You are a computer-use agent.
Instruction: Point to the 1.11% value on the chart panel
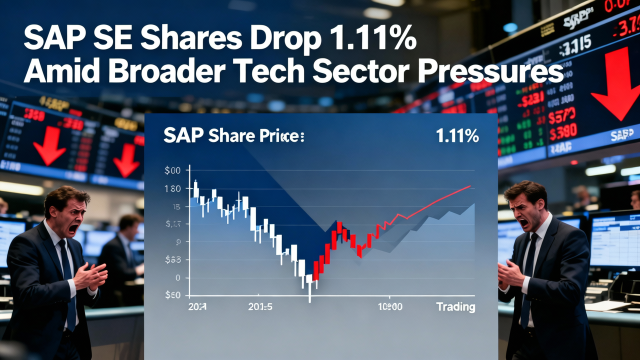pyautogui.click(x=457, y=136)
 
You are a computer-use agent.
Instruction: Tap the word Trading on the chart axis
pyautogui.click(x=455, y=306)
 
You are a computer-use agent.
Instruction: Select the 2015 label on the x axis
pyautogui.click(x=260, y=306)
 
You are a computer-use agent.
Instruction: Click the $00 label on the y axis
pyautogui.click(x=172, y=170)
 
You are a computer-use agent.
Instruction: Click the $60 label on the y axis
pyautogui.click(x=172, y=295)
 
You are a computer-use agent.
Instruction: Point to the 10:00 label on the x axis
pyautogui.click(x=389, y=306)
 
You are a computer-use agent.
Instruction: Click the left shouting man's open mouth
pyautogui.click(x=73, y=228)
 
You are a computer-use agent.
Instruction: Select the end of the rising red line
pyautogui.click(x=470, y=186)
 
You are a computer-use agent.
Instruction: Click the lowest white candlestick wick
pyautogui.click(x=310, y=295)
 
